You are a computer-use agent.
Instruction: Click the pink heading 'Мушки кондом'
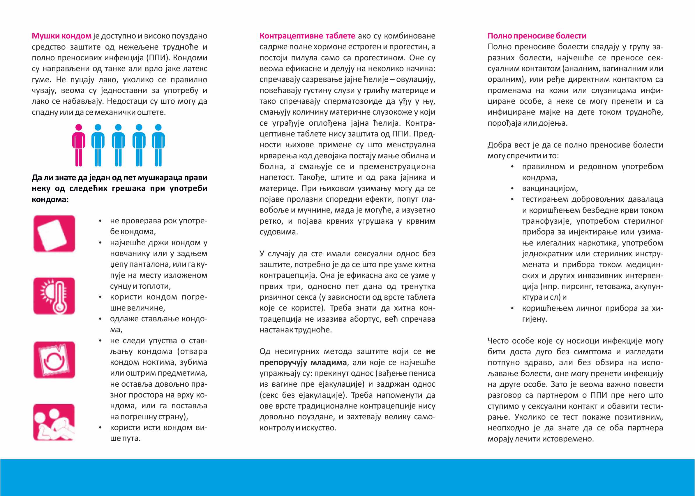[x=61, y=36]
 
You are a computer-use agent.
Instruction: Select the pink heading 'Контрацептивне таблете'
[x=307, y=36]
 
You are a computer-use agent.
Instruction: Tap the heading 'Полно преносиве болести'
[x=537, y=36]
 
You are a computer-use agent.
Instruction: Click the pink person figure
[x=79, y=145]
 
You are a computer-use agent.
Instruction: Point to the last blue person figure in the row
[x=158, y=145]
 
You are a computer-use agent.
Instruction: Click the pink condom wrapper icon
[x=54, y=234]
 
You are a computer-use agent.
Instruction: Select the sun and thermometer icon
[x=54, y=296]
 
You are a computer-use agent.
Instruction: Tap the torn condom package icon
[x=54, y=360]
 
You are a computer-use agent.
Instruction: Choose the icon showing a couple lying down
[x=54, y=422]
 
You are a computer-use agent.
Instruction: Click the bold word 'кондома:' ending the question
[x=50, y=199]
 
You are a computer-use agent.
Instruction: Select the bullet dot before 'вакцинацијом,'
[x=512, y=188]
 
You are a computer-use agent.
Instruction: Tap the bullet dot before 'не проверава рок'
[x=100, y=221]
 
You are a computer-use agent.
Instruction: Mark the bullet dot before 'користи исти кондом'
[x=100, y=427]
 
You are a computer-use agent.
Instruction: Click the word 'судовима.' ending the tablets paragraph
[x=278, y=232]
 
